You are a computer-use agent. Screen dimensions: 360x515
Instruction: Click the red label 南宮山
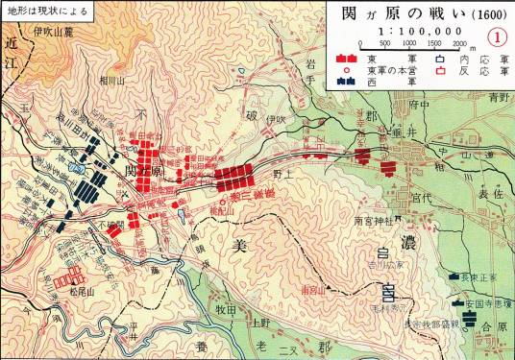coord(311,288)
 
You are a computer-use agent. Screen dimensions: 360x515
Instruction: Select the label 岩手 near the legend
coord(310,65)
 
